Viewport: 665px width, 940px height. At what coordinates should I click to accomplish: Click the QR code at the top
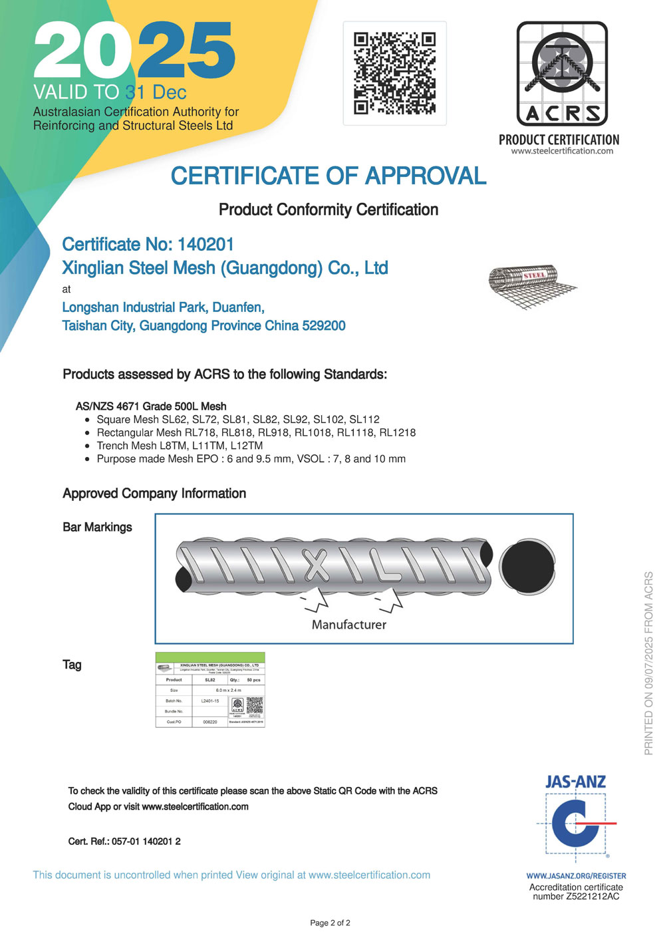click(394, 73)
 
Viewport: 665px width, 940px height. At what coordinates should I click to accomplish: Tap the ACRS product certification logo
click(562, 75)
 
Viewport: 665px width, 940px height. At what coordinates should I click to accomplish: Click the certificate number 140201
click(205, 245)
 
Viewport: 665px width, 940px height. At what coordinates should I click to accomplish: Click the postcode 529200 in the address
click(324, 326)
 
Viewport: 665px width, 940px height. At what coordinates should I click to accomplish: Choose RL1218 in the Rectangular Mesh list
click(397, 433)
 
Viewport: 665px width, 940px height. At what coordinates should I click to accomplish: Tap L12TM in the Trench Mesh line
click(246, 446)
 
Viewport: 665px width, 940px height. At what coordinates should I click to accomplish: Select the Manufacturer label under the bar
click(348, 625)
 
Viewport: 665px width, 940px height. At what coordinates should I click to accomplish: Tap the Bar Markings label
click(97, 528)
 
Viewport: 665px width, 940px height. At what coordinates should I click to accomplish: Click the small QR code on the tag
click(255, 705)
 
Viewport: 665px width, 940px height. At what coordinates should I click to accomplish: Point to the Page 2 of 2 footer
click(330, 923)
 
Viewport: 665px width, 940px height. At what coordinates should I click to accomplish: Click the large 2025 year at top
click(134, 51)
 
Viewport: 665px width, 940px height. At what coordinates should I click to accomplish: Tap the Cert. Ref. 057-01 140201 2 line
click(124, 842)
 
